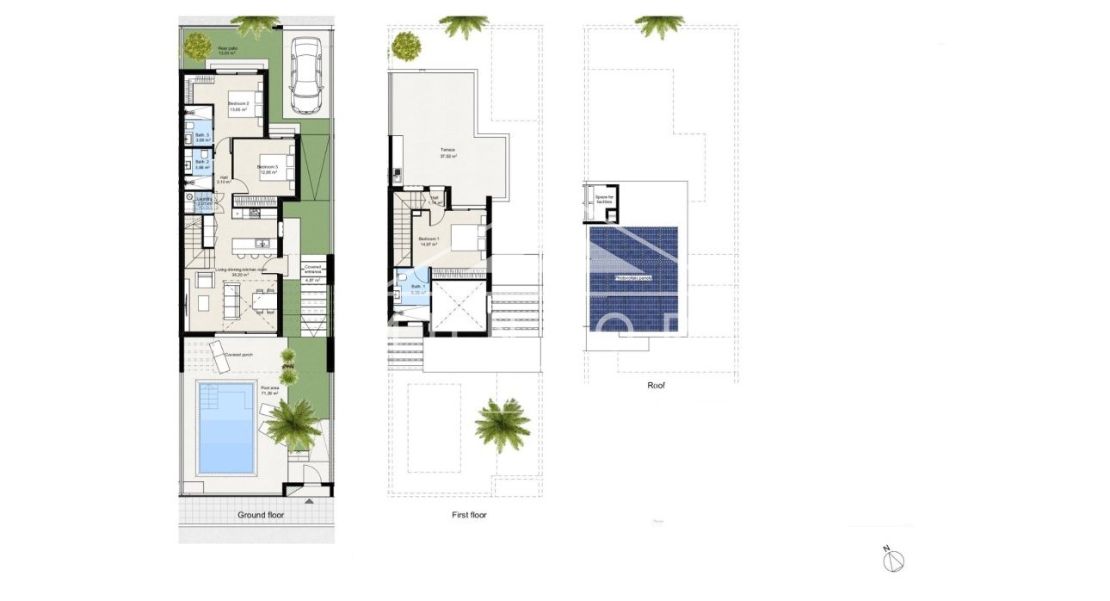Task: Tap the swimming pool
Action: tap(227, 427)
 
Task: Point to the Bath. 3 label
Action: tap(201, 138)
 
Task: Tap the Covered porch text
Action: tap(238, 355)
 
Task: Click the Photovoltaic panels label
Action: tap(633, 278)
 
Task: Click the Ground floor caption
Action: tap(261, 515)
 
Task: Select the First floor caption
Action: tap(469, 515)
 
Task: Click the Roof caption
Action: tap(656, 386)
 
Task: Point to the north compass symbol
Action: tap(895, 560)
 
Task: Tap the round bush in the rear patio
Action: tap(197, 45)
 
